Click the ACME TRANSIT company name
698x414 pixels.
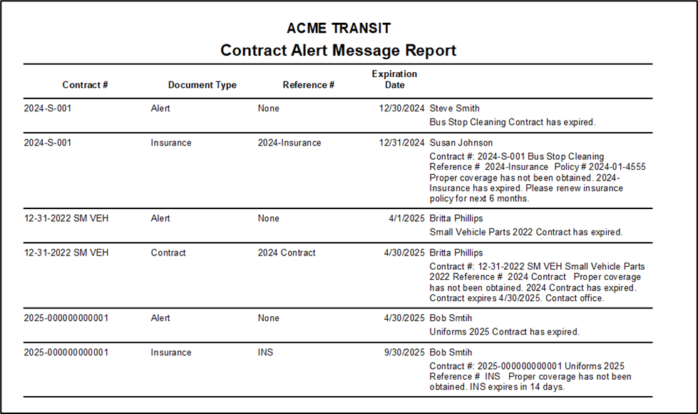click(338, 29)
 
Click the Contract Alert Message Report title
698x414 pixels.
click(338, 51)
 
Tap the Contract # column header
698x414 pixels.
click(85, 85)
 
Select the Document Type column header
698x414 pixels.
click(202, 85)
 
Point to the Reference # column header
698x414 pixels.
click(308, 85)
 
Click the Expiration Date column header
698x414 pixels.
click(394, 79)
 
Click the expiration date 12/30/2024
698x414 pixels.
click(401, 108)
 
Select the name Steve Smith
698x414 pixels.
click(456, 108)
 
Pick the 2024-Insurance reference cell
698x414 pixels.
click(289, 143)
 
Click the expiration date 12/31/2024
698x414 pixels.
click(401, 143)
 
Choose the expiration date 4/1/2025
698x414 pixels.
click(407, 218)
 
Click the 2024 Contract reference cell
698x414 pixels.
click(287, 253)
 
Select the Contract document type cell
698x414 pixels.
click(168, 253)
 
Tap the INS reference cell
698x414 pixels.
click(265, 353)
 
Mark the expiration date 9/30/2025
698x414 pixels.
click(404, 353)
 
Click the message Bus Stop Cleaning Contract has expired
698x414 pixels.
click(512, 122)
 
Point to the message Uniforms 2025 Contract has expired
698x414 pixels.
click(504, 332)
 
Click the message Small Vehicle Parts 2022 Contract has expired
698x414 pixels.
click(525, 232)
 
